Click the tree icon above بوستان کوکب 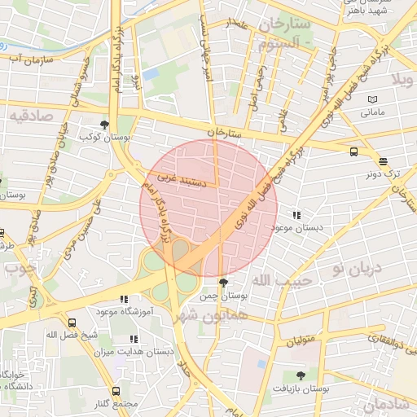coord(104,125)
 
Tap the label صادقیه coord(31,116)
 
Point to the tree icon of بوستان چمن coord(224,283)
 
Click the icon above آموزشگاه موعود coord(124,299)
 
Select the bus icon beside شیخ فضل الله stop coord(72,323)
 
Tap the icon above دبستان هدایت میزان coord(134,339)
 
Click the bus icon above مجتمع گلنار coord(116,392)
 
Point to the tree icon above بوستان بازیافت coord(301,375)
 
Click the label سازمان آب coord(33,59)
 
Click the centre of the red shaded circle coord(209,208)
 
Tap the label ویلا coord(403,80)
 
